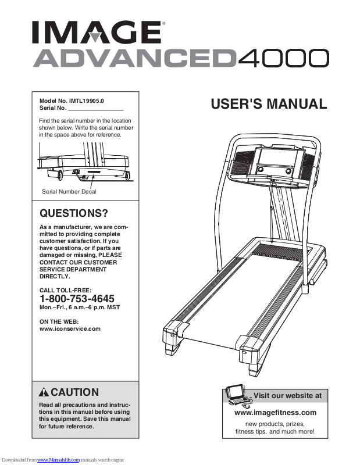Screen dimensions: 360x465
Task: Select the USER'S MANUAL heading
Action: pyautogui.click(x=269, y=105)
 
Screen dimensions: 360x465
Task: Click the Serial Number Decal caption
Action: pyautogui.click(x=69, y=191)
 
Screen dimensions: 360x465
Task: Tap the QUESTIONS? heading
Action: pyautogui.click(x=73, y=213)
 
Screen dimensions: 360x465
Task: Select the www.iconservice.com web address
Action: pyautogui.click(x=70, y=328)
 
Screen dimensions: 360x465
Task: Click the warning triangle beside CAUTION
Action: pyautogui.click(x=44, y=392)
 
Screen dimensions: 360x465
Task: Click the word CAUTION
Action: pyautogui.click(x=75, y=392)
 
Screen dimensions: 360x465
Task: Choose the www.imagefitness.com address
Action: pyautogui.click(x=275, y=413)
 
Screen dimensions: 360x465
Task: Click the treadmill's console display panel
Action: pyautogui.click(x=276, y=159)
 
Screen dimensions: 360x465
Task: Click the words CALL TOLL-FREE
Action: pyautogui.click(x=65, y=289)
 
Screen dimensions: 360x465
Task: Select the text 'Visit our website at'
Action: pyautogui.click(x=287, y=396)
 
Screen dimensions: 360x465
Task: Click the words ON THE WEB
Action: pyautogui.click(x=59, y=321)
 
